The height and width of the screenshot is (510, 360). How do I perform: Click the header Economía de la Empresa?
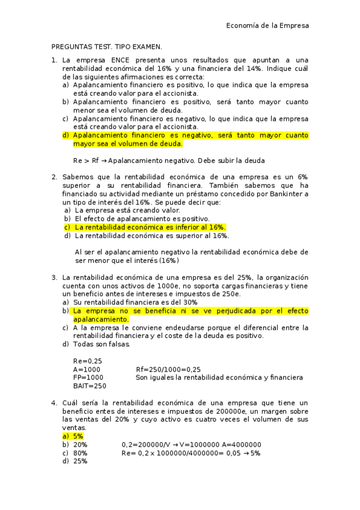click(267, 26)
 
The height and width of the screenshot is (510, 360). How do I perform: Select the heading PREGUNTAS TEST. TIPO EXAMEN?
click(107, 46)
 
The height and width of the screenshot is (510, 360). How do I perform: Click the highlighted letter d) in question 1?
click(66, 135)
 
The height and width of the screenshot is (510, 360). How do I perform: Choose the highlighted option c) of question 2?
click(145, 227)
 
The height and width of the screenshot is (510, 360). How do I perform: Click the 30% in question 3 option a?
click(189, 303)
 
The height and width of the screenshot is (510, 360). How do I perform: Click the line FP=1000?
click(88, 377)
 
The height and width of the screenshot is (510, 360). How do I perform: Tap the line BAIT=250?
click(90, 386)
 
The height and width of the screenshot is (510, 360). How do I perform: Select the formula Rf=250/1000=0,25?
click(168, 369)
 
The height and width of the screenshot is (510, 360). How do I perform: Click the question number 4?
click(54, 402)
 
